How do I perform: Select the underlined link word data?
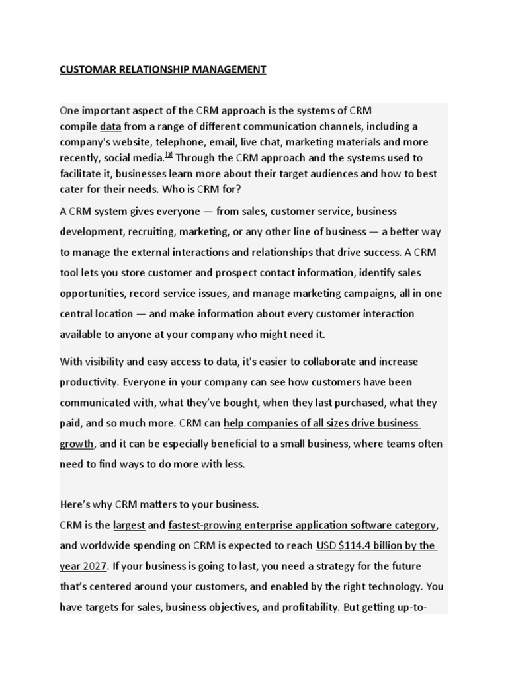coord(111,126)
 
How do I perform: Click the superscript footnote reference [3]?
coord(169,155)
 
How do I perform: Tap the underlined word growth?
coord(77,444)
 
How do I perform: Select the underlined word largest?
coord(129,525)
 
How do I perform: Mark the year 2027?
coord(95,566)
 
